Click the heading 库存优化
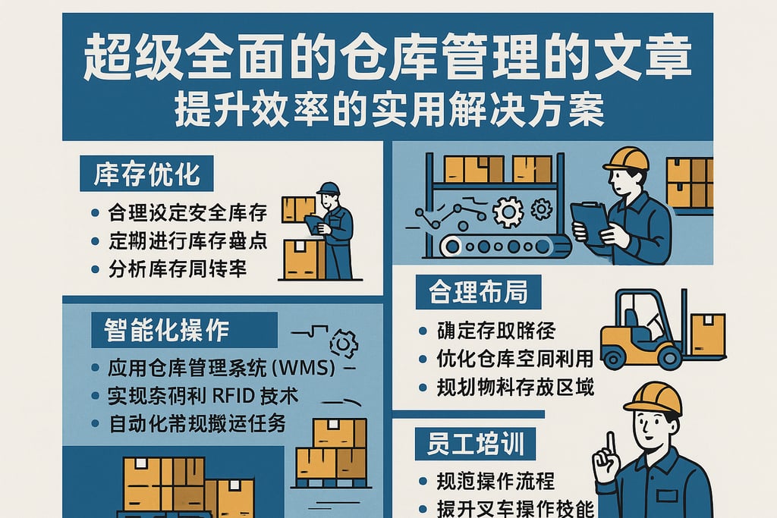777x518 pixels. pos(146,174)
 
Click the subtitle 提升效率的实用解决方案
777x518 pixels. pos(389,111)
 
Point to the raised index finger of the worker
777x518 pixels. pos(605,444)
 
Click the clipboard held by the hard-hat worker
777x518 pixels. pos(589,221)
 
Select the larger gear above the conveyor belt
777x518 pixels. pos(508,211)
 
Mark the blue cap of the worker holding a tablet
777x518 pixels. pos(328,188)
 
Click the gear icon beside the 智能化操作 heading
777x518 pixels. pos(344,344)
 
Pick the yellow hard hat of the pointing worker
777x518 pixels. pos(653,397)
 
